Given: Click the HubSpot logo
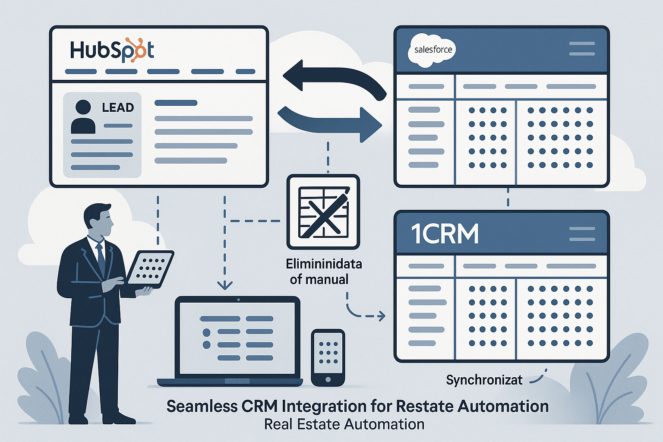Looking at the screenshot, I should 112,51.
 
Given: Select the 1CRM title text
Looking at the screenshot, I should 445,234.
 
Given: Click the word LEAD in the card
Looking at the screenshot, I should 118,107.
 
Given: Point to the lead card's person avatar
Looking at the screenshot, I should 83,117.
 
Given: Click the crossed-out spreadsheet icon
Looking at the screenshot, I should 323,212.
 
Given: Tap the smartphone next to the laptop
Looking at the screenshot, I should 328,358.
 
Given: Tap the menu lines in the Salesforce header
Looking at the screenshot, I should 582,49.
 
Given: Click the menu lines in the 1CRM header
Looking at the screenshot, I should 582,234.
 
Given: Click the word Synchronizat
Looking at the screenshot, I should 484,380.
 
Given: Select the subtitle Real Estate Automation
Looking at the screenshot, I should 344,425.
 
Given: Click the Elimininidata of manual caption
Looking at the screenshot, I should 323,272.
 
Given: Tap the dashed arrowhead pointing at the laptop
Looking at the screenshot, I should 225,285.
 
